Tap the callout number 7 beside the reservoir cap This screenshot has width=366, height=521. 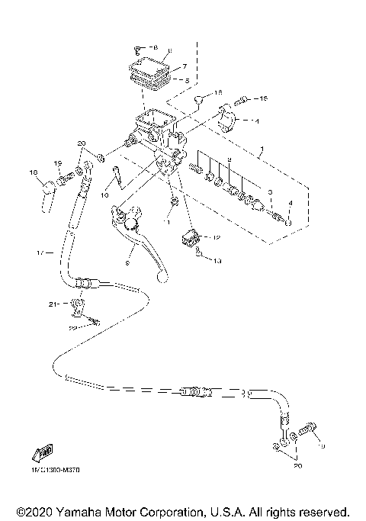183,66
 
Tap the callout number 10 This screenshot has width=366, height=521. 105,195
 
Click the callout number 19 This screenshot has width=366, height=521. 57,163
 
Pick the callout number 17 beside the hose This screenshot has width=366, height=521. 40,251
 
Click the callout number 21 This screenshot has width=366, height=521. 53,304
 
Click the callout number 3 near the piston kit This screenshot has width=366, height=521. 268,191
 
